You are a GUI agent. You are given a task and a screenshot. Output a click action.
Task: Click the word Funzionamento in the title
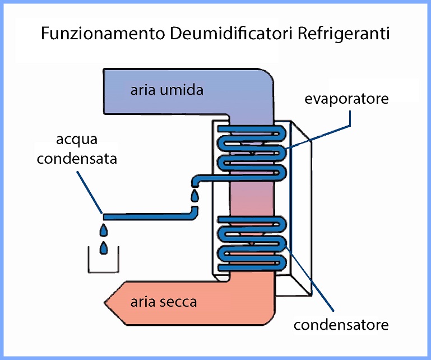click(103, 34)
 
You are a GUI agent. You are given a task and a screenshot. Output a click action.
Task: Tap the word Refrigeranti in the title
click(344, 34)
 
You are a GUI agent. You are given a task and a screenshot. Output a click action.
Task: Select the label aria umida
click(167, 90)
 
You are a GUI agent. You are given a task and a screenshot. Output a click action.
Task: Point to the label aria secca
click(164, 302)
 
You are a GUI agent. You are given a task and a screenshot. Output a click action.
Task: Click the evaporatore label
click(346, 99)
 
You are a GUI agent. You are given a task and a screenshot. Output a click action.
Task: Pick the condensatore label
click(341, 325)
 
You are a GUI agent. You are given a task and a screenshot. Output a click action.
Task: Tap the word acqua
click(77, 140)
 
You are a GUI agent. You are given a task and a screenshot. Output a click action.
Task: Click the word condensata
click(77, 158)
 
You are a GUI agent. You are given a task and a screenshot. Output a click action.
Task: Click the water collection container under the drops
click(103, 273)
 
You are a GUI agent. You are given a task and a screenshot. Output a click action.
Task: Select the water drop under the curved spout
click(195, 196)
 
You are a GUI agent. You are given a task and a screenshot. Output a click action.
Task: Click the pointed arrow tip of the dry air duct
click(105, 303)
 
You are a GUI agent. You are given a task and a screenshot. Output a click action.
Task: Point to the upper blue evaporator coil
click(252, 153)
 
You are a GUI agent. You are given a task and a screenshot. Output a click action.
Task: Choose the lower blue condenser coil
click(252, 244)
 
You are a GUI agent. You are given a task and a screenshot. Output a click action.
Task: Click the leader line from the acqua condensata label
click(90, 192)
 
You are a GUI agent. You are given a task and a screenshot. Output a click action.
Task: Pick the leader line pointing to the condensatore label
click(309, 278)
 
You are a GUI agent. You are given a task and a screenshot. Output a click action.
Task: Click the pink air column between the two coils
click(252, 198)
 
